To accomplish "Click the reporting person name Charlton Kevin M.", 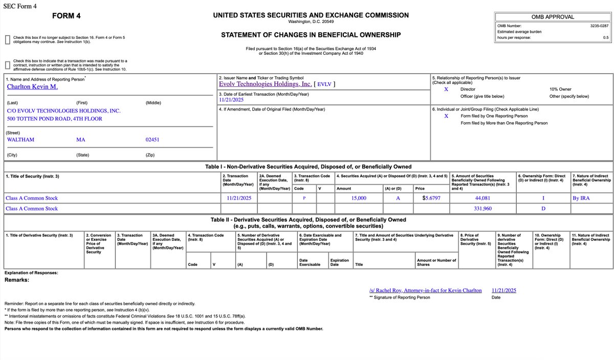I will tap(32, 87).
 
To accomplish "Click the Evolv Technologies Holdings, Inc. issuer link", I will tap(265, 84).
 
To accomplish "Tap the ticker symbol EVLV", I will tap(324, 84).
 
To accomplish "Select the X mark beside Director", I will tap(446, 89).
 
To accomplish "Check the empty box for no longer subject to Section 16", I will tap(7, 40).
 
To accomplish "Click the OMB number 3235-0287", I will tap(599, 25).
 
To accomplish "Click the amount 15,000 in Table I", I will tap(359, 198).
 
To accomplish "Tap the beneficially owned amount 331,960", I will tap(483, 209).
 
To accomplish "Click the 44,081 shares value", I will tap(483, 198).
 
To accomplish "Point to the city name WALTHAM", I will tap(20, 139).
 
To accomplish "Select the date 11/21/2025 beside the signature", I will tap(503, 290).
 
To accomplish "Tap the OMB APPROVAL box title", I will tap(553, 17).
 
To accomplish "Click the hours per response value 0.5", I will tap(605, 37).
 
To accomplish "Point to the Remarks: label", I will tap(17, 280).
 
